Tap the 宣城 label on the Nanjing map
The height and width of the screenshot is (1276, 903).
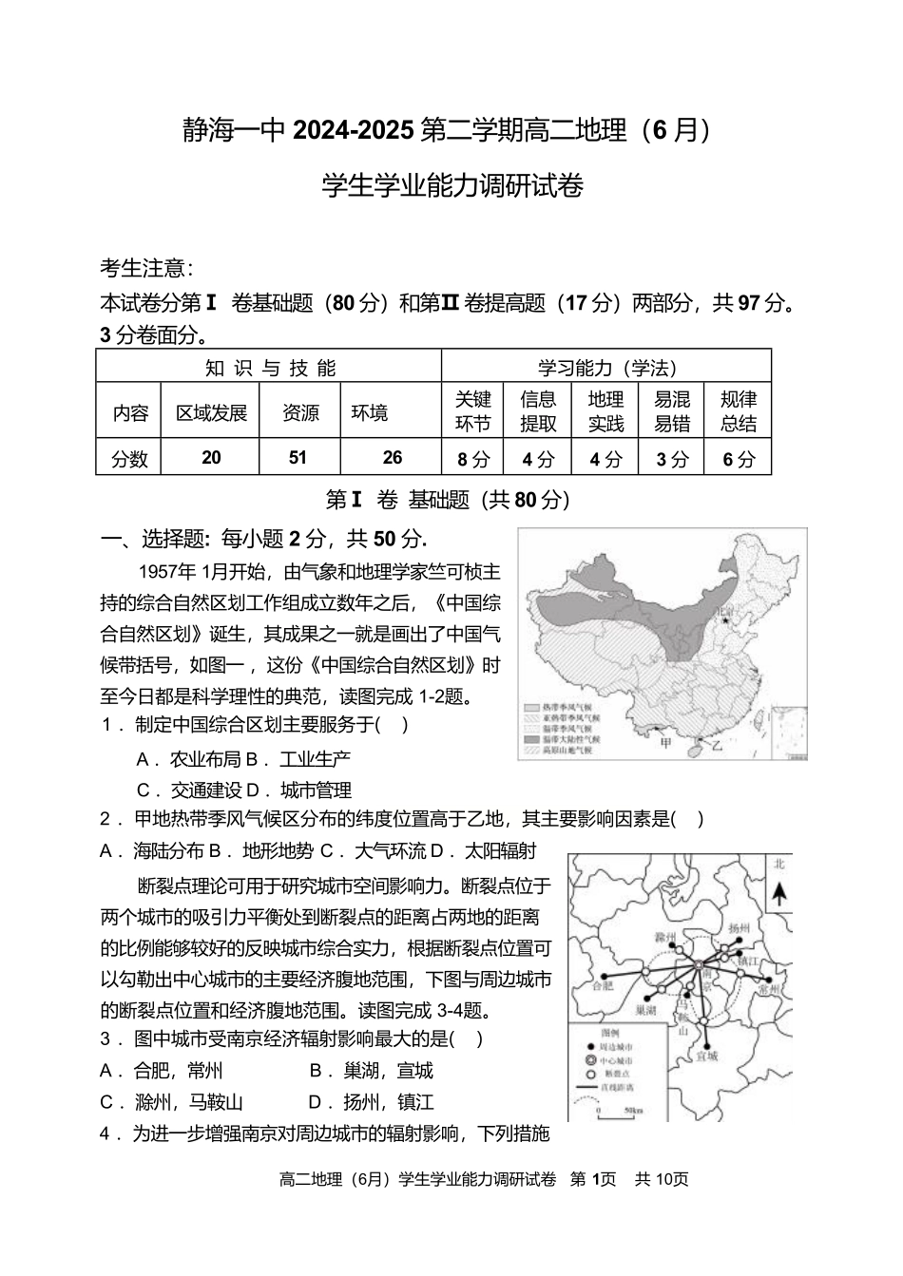(706, 1056)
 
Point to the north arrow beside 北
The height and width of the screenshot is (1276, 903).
(778, 895)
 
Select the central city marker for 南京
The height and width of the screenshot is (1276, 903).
(699, 966)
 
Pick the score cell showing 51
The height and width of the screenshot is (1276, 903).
(298, 458)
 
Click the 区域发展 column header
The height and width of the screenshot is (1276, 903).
(211, 413)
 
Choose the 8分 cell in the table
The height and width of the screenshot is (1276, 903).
(472, 459)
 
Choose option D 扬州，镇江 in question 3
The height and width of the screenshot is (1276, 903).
(371, 1102)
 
